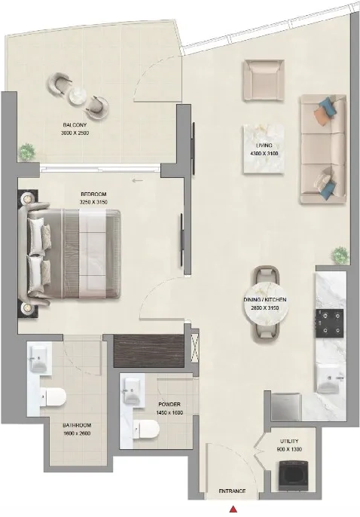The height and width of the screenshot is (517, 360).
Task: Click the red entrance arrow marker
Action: pyautogui.click(x=233, y=509)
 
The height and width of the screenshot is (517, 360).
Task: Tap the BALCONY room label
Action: pyautogui.click(x=75, y=125)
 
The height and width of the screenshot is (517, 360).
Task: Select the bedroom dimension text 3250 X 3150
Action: pyautogui.click(x=94, y=202)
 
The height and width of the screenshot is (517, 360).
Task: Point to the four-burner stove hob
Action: pyautogui.click(x=330, y=323)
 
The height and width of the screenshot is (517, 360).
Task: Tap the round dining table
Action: pyautogui.click(x=265, y=304)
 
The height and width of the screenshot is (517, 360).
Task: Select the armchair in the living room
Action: pyautogui.click(x=264, y=80)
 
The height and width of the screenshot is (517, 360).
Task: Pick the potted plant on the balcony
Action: pyautogui.click(x=27, y=152)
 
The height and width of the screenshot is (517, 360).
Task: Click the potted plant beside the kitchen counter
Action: pyautogui.click(x=340, y=255)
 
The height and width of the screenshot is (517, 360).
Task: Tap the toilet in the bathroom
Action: pyautogui.click(x=53, y=396)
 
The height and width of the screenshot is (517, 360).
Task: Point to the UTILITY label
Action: pyautogui.click(x=289, y=441)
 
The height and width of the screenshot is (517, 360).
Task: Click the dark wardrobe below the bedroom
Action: pyautogui.click(x=148, y=350)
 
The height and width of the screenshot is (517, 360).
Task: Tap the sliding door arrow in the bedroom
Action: pyautogui.click(x=138, y=180)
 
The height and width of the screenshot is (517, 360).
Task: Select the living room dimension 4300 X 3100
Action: pyautogui.click(x=264, y=153)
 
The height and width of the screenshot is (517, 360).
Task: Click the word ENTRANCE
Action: pyautogui.click(x=232, y=491)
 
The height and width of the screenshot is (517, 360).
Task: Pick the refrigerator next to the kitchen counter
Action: pyautogui.click(x=286, y=407)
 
